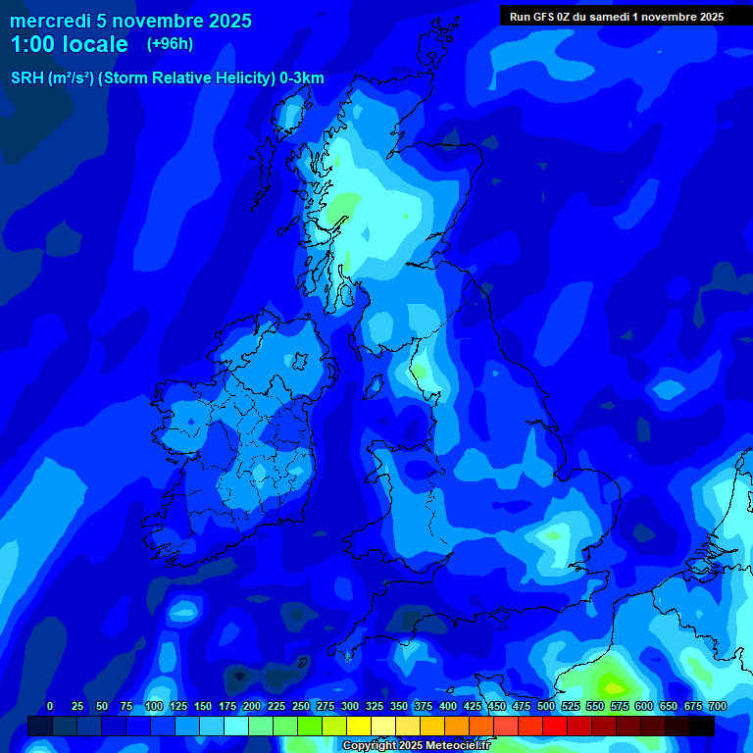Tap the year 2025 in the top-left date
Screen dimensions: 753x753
point(224,21)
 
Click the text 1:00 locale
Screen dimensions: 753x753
point(69,44)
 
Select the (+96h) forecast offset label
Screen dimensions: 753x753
point(170,44)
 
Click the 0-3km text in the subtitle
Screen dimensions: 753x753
point(302,78)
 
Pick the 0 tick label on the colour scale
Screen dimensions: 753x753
point(50,706)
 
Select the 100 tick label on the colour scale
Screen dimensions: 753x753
point(154,706)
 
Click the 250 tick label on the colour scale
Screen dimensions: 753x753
point(301,706)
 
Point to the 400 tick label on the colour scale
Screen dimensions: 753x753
point(448,706)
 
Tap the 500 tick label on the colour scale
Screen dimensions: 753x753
point(546,706)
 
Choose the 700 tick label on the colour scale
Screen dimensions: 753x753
point(717,706)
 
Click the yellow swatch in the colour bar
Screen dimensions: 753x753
point(359,726)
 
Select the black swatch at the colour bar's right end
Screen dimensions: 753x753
point(702,726)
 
